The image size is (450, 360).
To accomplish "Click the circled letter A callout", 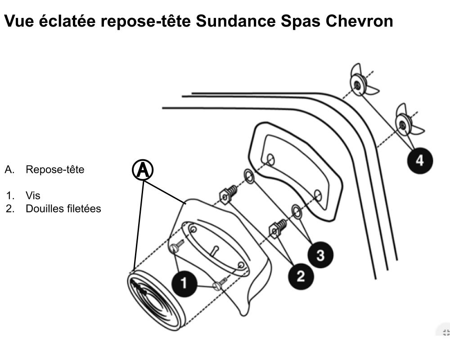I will pos(143,171).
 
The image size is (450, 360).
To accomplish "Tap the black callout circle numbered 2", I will pos(300,276).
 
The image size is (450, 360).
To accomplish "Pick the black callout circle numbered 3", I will pos(320,255).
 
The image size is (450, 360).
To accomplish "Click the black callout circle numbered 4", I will pos(419,161).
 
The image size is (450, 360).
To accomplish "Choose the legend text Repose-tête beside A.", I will pos(55,170).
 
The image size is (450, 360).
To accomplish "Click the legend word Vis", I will pos(33,196).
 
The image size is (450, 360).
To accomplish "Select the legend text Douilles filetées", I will pos(63,209).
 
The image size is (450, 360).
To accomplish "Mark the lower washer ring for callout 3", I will pos(296,209).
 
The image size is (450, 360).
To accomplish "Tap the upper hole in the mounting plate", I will pos(270,159).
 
